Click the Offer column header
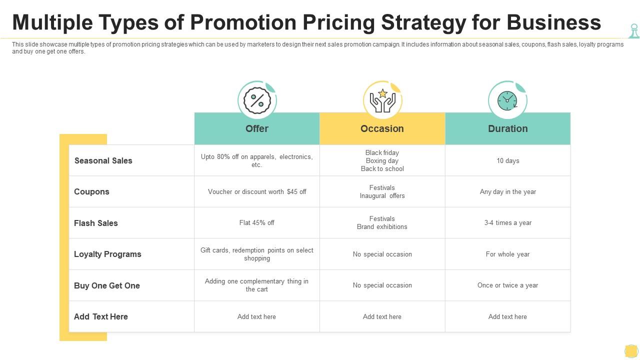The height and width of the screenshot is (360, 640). click(257, 128)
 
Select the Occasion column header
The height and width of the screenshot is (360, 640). click(382, 128)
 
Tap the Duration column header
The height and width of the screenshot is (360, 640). click(507, 128)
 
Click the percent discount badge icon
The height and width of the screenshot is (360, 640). click(257, 100)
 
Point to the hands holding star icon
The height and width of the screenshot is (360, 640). click(382, 100)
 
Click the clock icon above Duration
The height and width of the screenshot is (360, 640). click(507, 100)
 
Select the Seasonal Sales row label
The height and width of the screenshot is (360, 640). click(103, 160)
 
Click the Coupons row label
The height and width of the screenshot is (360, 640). click(91, 191)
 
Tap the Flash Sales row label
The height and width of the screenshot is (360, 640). click(95, 223)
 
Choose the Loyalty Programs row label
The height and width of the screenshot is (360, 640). click(107, 254)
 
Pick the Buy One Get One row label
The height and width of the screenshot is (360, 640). click(107, 285)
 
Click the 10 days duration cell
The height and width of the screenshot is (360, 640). click(507, 160)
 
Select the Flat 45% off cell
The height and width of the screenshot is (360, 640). click(256, 222)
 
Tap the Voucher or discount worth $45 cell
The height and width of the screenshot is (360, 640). click(257, 191)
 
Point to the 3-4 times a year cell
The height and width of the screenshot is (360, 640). click(507, 222)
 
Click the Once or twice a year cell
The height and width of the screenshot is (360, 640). click(507, 285)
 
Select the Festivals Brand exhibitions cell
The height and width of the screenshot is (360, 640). click(382, 222)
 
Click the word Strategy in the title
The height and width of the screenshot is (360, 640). click(423, 23)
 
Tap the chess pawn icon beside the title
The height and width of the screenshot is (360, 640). click(634, 31)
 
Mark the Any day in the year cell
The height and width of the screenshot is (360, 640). click(507, 191)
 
